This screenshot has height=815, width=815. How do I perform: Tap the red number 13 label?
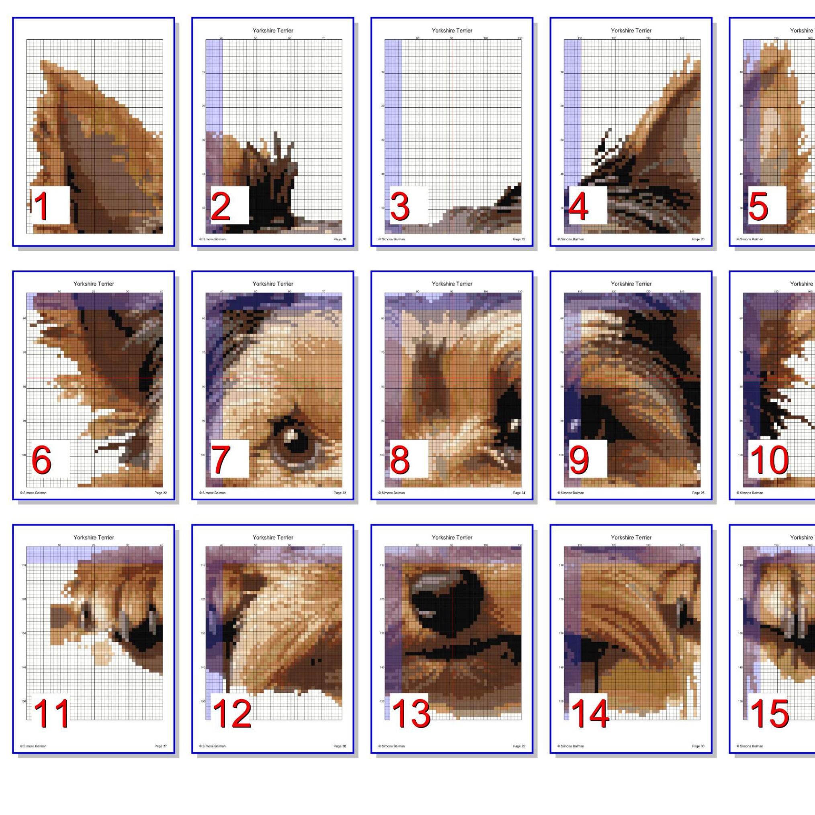(x=411, y=713)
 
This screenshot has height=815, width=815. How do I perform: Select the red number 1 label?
(x=41, y=206)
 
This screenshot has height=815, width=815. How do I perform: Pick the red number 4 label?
(x=578, y=206)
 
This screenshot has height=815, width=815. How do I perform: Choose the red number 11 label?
(x=51, y=713)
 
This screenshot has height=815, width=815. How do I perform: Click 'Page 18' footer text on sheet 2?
(x=340, y=239)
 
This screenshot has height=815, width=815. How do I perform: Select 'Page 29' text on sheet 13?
(x=519, y=746)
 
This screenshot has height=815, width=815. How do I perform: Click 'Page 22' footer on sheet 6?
(x=160, y=493)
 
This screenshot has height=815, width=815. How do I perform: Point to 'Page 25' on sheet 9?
(x=698, y=493)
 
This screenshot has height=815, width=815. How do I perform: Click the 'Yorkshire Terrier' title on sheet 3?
(x=452, y=31)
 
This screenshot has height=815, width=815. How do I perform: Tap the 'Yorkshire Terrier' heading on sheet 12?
(x=272, y=537)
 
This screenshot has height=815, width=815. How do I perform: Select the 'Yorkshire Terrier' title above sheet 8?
(x=452, y=284)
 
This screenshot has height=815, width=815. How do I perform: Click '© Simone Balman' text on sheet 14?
(x=571, y=746)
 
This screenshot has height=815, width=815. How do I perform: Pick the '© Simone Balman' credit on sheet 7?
(x=212, y=493)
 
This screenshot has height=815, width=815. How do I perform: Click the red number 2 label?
(x=220, y=206)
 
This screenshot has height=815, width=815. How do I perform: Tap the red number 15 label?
(x=769, y=713)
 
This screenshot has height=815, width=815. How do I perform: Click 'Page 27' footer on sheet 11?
(x=160, y=746)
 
